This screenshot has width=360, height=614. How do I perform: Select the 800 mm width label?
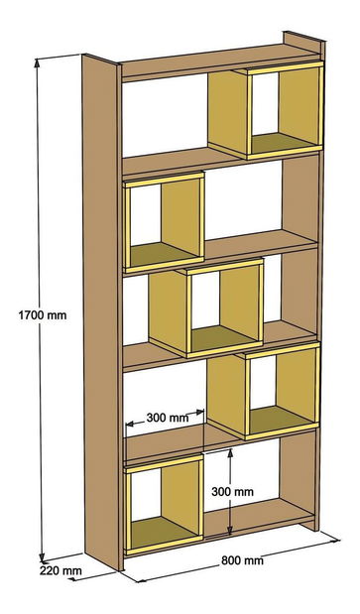242,561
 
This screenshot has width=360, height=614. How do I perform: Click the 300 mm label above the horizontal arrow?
165,418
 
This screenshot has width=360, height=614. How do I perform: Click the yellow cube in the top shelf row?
285,109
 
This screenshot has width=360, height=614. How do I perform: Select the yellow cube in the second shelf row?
164,221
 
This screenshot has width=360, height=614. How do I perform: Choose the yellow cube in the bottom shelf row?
164,503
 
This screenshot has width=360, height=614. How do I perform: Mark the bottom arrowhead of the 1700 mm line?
43,556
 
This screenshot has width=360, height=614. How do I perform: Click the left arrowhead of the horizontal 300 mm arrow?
128,427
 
